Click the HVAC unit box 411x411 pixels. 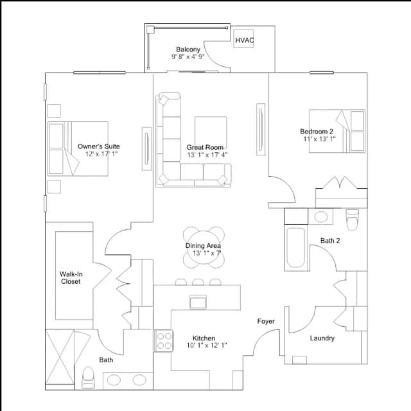pyautogui.click(x=243, y=39)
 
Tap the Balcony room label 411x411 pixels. pyautogui.click(x=188, y=49)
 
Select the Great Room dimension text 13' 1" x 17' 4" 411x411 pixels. pyautogui.click(x=207, y=155)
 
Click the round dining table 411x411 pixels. pyautogui.click(x=204, y=247)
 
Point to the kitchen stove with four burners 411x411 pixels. pyautogui.click(x=164, y=341)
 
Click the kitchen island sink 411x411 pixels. pyautogui.click(x=198, y=302)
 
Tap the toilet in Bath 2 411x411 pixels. pyautogui.click(x=352, y=220)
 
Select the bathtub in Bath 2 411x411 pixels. pyautogui.click(x=295, y=248)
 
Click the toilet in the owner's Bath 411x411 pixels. pyautogui.click(x=89, y=378)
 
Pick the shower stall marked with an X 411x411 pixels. pyautogui.click(x=60, y=357)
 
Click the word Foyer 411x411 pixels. pyautogui.click(x=266, y=321)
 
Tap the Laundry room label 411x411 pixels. pyautogui.click(x=322, y=338)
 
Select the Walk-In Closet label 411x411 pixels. pyautogui.click(x=71, y=277)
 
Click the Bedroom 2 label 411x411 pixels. pyautogui.click(x=317, y=131)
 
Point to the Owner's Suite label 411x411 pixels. pyautogui.click(x=98, y=146)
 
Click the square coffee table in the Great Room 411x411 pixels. pyautogui.click(x=211, y=133)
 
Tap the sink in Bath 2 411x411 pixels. pyautogui.click(x=320, y=217)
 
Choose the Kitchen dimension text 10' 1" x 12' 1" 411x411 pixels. pyautogui.click(x=207, y=345)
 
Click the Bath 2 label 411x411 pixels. pyautogui.click(x=330, y=240)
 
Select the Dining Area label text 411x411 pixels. pyautogui.click(x=203, y=245)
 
